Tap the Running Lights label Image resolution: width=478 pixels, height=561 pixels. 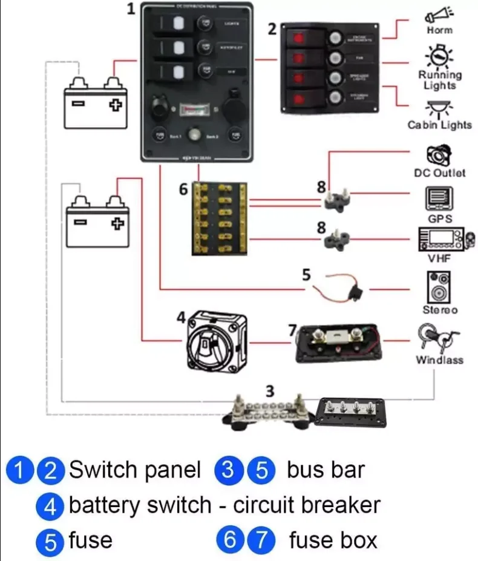(440, 80)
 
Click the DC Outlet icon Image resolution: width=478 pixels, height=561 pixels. (439, 156)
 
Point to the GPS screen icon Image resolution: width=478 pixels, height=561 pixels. (440, 200)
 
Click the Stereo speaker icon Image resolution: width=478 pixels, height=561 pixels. (439, 286)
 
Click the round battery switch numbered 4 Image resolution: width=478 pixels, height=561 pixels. (215, 341)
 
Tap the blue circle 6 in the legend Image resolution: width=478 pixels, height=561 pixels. (230, 540)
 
